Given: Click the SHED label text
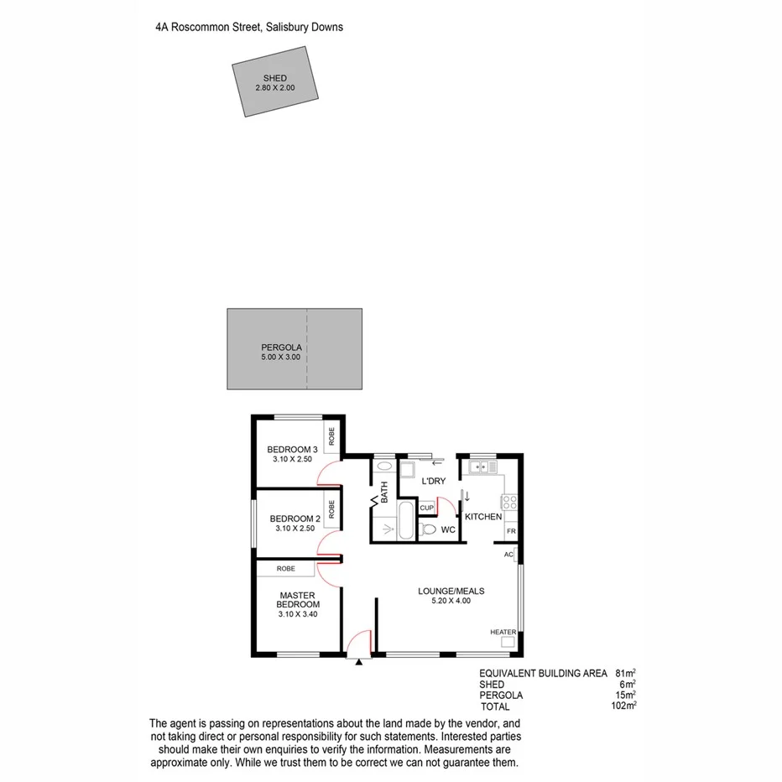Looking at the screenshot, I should pos(275,78).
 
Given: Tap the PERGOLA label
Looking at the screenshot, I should pos(280,347).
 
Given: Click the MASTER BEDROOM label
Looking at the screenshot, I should pos(299,600).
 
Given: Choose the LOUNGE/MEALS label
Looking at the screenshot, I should pos(451,591).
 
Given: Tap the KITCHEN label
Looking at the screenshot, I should pos(483,517).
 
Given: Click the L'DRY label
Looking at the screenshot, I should pos(434,481).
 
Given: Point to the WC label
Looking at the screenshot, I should pos(448,530).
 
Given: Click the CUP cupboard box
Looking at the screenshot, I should pos(426,508).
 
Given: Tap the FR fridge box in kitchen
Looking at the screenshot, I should pos(510,532).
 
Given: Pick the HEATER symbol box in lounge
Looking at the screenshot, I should pos(508,642).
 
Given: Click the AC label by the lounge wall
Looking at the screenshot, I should pos(508,555).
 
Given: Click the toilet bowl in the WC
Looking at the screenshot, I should pos(428,529).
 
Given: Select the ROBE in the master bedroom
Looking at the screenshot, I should pos(286,569).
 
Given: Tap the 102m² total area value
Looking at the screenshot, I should pos(623,706).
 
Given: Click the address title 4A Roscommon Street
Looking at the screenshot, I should pos(249,27).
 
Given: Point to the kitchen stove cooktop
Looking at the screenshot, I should pos(508,502).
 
